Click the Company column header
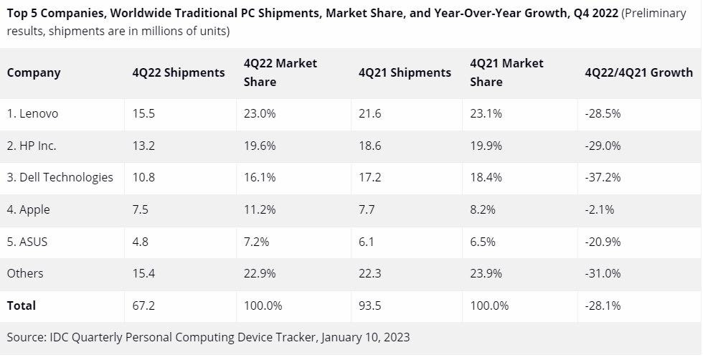(34, 72)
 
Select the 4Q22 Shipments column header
(179, 72)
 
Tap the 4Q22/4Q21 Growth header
(638, 72)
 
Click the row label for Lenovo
(32, 113)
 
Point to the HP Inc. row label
(32, 146)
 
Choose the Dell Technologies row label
(60, 177)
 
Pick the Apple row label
(29, 209)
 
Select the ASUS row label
(27, 242)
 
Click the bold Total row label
(22, 305)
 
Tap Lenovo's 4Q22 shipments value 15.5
(143, 113)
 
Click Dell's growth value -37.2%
(603, 177)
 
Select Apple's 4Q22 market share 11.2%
(260, 209)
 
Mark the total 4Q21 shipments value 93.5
(369, 305)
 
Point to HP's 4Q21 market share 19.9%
(486, 146)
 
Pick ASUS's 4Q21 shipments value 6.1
(366, 242)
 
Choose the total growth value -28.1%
(603, 305)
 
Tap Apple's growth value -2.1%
(600, 209)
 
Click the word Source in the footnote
(26, 336)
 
